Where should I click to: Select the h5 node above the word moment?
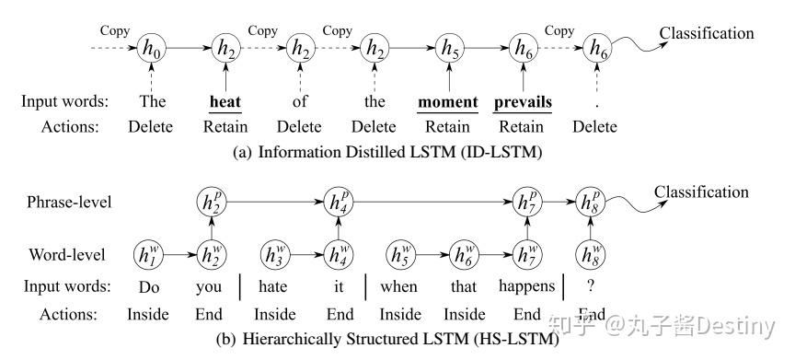pyautogui.click(x=449, y=49)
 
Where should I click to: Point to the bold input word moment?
pyautogui.click(x=448, y=101)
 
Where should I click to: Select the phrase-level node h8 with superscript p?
pyautogui.click(x=591, y=202)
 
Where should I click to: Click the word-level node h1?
pyautogui.click(x=149, y=252)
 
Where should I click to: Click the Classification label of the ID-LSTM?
pyautogui.click(x=706, y=34)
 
